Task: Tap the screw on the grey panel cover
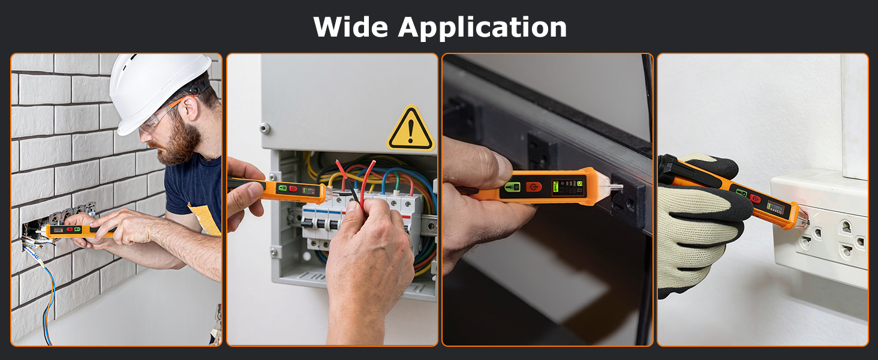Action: [x=264, y=127]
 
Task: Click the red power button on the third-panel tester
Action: [x=534, y=187]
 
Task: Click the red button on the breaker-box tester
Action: [x=293, y=189]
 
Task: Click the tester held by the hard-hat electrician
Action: [x=72, y=230]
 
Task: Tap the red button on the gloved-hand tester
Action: [x=756, y=199]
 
